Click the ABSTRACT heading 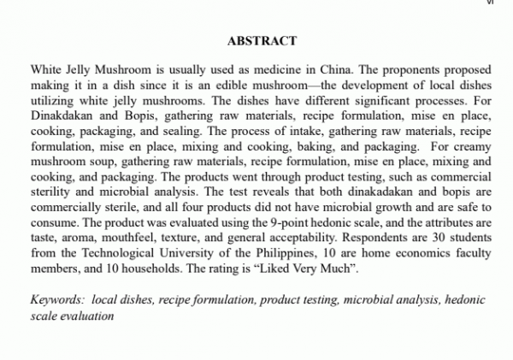(x=262, y=40)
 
